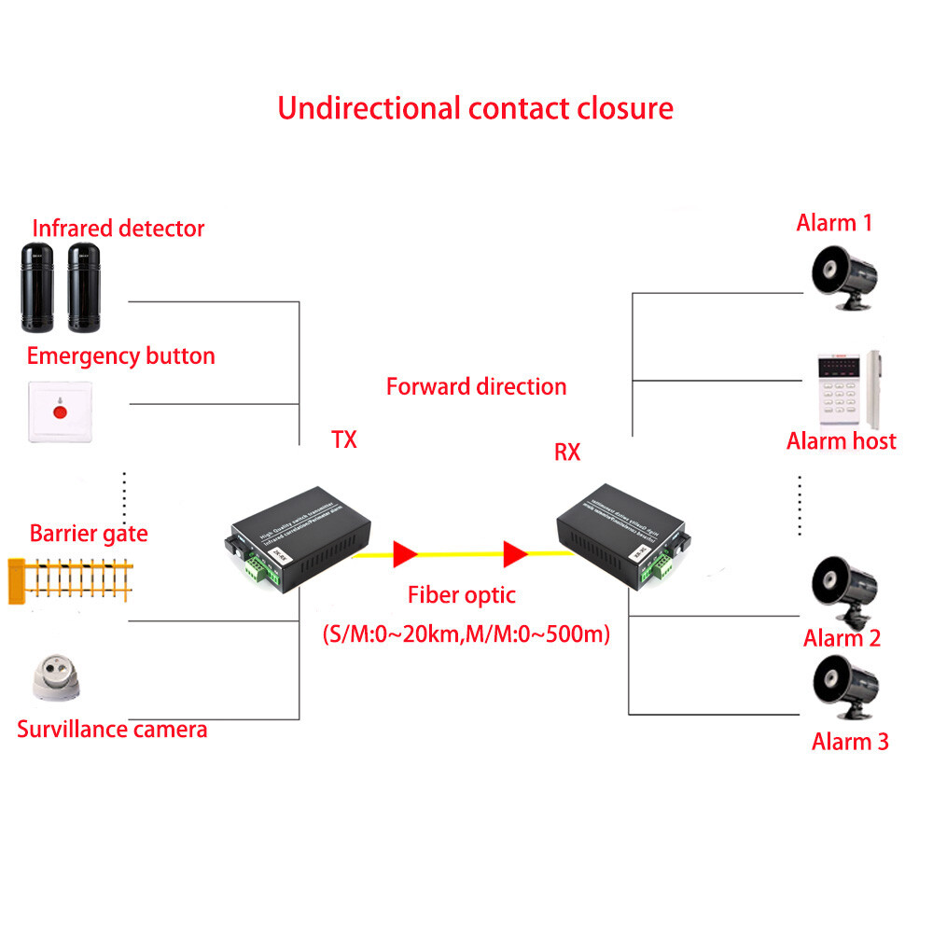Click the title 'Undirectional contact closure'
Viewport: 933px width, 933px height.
pyautogui.click(x=475, y=107)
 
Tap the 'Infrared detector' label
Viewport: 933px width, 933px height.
pyautogui.click(x=118, y=228)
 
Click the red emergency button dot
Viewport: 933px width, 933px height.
pyautogui.click(x=61, y=411)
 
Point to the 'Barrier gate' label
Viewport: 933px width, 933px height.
pyautogui.click(x=89, y=534)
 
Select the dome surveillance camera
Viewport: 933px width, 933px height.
pyautogui.click(x=59, y=678)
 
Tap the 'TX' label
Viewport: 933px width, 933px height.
pyautogui.click(x=344, y=439)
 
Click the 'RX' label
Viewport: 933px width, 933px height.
pyautogui.click(x=567, y=453)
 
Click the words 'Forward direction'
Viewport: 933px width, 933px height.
pyautogui.click(x=476, y=386)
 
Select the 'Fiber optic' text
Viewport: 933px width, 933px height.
pyautogui.click(x=461, y=595)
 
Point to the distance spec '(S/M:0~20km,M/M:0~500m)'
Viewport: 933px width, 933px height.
pyautogui.click(x=466, y=634)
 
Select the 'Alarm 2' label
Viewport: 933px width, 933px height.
pyautogui.click(x=842, y=638)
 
